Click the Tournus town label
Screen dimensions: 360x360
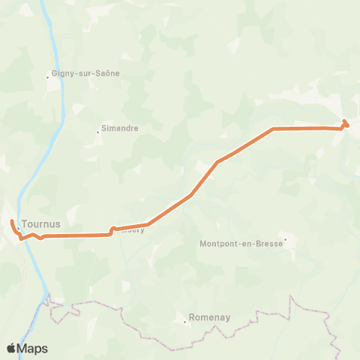pyautogui.click(x=40, y=223)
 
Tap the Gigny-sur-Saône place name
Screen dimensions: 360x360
pyautogui.click(x=85, y=73)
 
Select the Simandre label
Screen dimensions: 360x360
pyautogui.click(x=120, y=128)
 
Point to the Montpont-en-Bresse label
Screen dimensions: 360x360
pyautogui.click(x=241, y=244)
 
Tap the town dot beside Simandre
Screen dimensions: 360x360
pyautogui.click(x=97, y=133)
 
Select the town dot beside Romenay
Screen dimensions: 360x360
pyautogui.click(x=185, y=322)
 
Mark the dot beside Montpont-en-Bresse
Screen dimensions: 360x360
pyautogui.click(x=285, y=240)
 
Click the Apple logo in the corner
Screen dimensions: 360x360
pyautogui.click(x=11, y=348)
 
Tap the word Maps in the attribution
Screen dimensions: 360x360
pyautogui.click(x=33, y=348)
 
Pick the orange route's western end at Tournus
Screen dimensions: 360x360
pyautogui.click(x=12, y=223)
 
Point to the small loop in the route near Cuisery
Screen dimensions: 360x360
pyautogui.click(x=112, y=229)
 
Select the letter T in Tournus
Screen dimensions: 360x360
pyautogui.click(x=25, y=223)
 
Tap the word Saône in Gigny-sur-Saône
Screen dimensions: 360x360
pyautogui.click(x=108, y=73)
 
